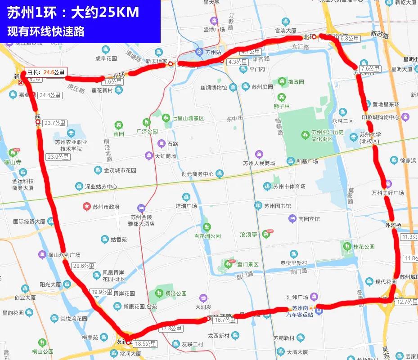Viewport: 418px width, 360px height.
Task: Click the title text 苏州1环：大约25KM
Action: tap(73, 13)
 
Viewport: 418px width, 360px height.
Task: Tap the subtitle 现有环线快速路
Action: tap(46, 32)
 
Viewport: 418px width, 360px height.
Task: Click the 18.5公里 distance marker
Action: tap(145, 343)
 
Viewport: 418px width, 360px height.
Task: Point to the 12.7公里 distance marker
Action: tap(407, 302)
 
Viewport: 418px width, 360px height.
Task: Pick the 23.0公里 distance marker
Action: tap(58, 157)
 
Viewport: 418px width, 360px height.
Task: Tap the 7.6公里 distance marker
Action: tap(370, 69)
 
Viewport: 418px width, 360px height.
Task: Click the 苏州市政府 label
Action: tap(106, 207)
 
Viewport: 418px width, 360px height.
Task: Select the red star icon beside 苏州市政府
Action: tap(86, 206)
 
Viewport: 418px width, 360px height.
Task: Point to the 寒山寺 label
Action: tap(13, 162)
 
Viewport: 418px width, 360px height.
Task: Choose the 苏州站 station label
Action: tap(214, 52)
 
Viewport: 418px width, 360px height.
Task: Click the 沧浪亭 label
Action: tap(248, 235)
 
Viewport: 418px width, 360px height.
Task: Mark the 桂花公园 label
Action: tap(364, 247)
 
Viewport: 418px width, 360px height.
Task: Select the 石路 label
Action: tap(173, 144)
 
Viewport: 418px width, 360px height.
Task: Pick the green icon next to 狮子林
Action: tap(282, 97)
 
